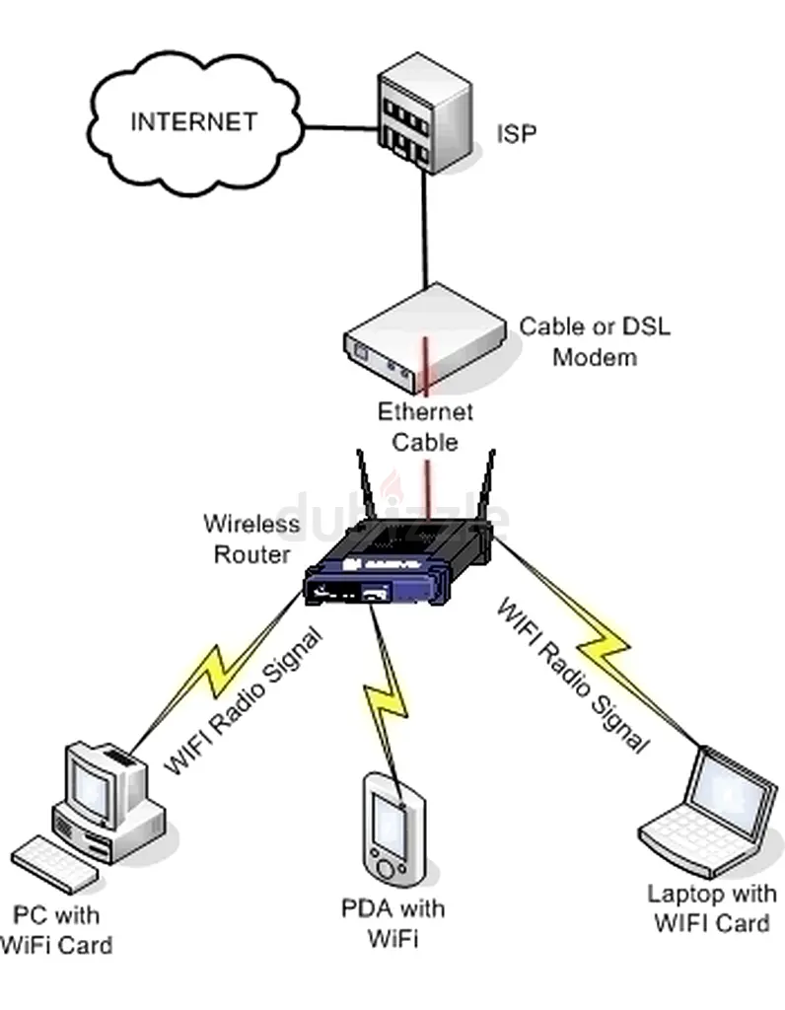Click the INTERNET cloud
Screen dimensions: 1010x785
(192, 122)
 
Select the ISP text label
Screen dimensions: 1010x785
(516, 132)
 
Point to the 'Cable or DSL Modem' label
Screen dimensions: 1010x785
(594, 340)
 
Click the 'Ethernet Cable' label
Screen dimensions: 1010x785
(426, 426)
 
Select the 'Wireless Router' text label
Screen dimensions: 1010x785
(250, 538)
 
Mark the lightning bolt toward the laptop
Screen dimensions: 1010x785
(600, 646)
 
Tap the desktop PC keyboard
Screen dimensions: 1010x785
(54, 862)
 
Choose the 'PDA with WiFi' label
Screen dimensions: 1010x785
(392, 922)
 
